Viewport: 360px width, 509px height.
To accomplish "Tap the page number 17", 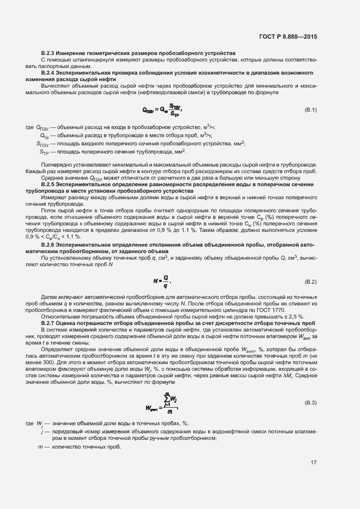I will point(314,463).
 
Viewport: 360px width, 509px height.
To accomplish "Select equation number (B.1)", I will point(310,111).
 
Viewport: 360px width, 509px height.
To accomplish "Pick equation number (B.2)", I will point(310,282).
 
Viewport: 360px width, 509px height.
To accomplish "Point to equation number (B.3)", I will point(310,402).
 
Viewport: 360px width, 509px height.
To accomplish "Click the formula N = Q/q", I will point(163,282).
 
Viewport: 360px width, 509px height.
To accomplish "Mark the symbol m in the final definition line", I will point(40,446).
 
